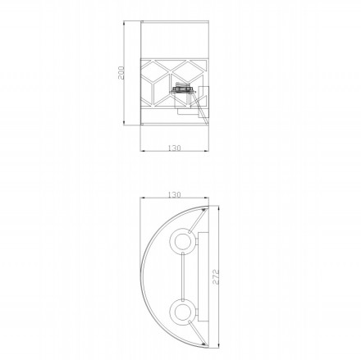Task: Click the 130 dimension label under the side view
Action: coord(173,148)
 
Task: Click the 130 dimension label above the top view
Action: coord(173,196)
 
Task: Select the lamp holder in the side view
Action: coord(182,92)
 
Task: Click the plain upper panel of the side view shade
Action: coord(173,41)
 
